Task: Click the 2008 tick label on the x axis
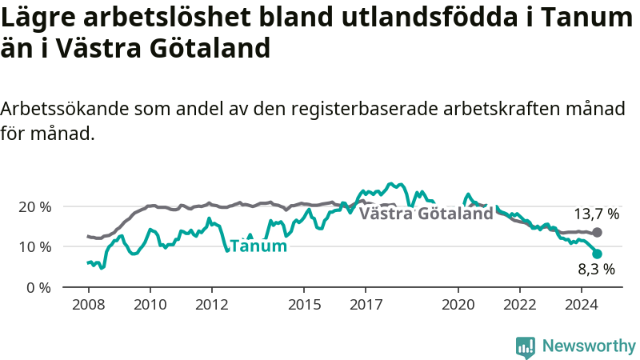pyautogui.click(x=89, y=305)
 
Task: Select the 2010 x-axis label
pyautogui.click(x=150, y=305)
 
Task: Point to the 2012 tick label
pyautogui.click(x=212, y=305)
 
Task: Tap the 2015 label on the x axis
pyautogui.click(x=304, y=305)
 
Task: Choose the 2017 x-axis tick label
pyautogui.click(x=366, y=305)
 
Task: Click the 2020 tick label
pyautogui.click(x=458, y=305)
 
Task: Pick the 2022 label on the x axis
pyautogui.click(x=519, y=305)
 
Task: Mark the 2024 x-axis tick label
pyautogui.click(x=582, y=305)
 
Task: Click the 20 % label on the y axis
pyautogui.click(x=35, y=207)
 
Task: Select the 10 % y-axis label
pyautogui.click(x=35, y=247)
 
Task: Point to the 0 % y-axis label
pyautogui.click(x=39, y=288)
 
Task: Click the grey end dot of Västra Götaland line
pyautogui.click(x=597, y=233)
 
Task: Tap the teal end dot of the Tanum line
pyautogui.click(x=597, y=254)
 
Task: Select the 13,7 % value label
pyautogui.click(x=597, y=214)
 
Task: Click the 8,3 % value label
pyautogui.click(x=596, y=270)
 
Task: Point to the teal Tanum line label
pyautogui.click(x=258, y=246)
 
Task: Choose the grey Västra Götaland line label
pyautogui.click(x=426, y=214)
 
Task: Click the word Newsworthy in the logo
pyautogui.click(x=589, y=346)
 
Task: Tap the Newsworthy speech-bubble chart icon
pyautogui.click(x=526, y=347)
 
